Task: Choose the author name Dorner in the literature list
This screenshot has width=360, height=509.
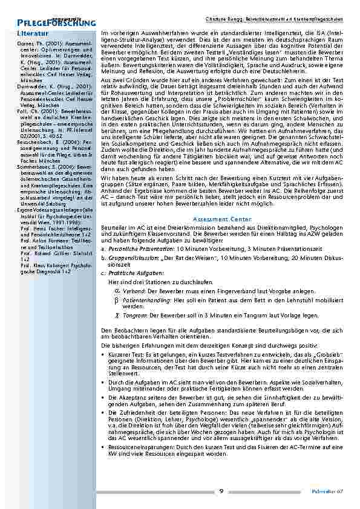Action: [26, 45]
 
